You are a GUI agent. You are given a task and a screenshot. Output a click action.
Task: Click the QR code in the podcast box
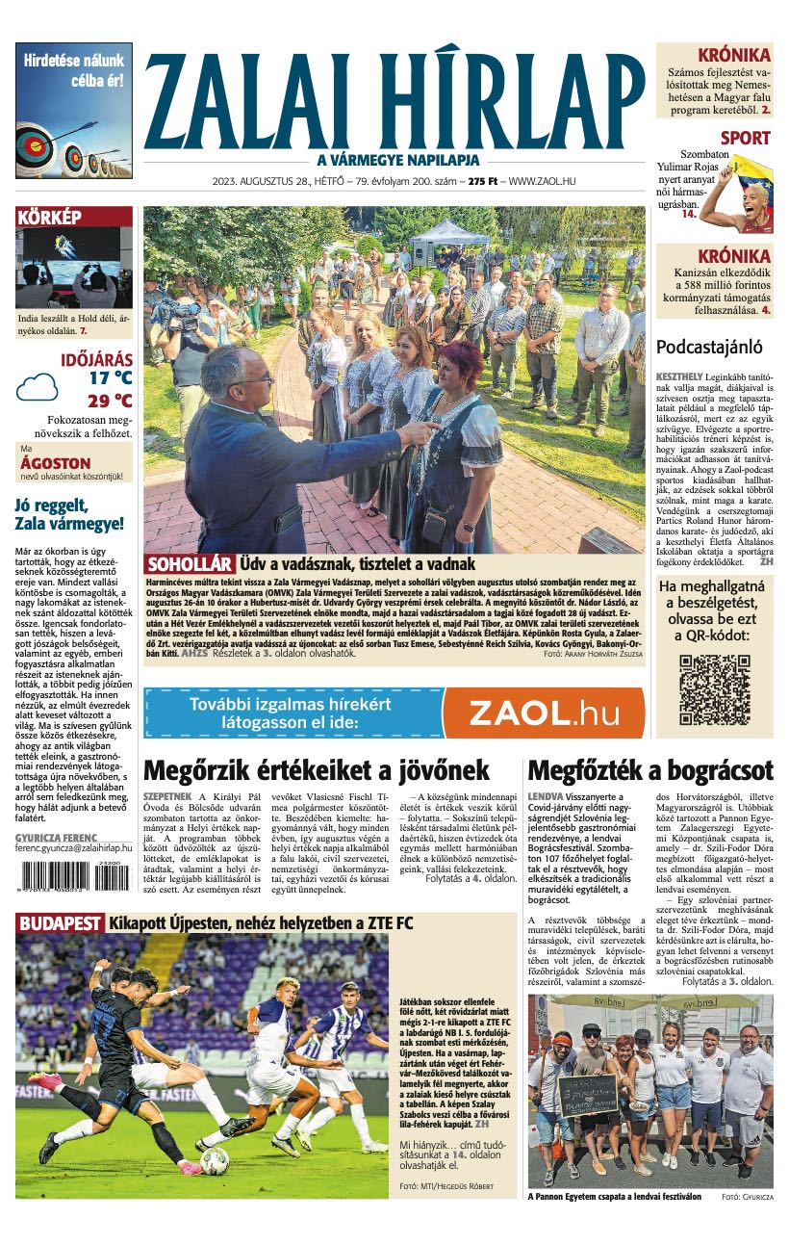coord(714,689)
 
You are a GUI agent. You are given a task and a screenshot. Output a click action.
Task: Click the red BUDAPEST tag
coord(60,923)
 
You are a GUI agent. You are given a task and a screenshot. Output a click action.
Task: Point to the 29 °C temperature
coord(110,401)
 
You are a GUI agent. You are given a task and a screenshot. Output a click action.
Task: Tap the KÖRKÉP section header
coord(50,218)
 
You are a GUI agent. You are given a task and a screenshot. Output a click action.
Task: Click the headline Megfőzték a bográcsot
coord(650,770)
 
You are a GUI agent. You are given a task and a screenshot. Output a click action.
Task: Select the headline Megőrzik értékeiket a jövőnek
coord(317,770)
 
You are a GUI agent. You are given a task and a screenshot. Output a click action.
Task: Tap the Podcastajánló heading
coord(709,348)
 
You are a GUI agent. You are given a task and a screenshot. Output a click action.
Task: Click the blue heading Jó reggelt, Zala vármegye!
coord(70,515)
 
